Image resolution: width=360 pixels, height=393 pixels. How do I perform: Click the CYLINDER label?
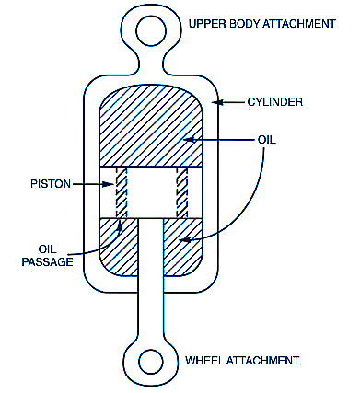click(275, 102)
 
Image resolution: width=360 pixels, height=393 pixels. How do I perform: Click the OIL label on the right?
click(267, 140)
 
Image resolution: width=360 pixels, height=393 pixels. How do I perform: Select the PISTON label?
click(51, 184)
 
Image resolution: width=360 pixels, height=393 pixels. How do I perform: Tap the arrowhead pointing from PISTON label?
click(109, 184)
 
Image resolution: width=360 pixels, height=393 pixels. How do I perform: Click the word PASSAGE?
click(48, 261)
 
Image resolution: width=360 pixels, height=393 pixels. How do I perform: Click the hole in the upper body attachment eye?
click(151, 31)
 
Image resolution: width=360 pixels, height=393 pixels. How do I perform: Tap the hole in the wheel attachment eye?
click(151, 362)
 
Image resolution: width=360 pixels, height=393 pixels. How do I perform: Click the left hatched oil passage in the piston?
click(122, 192)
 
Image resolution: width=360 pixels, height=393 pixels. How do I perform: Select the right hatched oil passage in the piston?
click(182, 192)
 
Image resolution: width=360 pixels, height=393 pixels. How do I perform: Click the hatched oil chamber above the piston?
click(151, 126)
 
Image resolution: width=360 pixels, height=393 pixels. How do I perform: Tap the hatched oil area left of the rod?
click(119, 246)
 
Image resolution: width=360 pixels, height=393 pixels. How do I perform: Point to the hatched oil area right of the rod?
click(183, 246)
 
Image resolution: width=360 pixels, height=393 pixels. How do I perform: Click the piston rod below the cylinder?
click(151, 316)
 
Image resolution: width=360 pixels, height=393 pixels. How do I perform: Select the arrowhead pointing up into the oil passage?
click(120, 225)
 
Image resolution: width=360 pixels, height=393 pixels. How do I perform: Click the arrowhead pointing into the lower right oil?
click(184, 240)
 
